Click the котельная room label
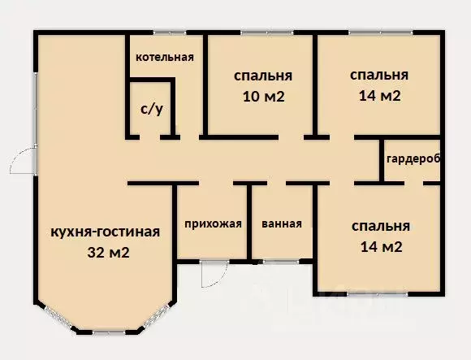[164, 57]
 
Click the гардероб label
[413, 158]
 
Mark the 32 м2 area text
[108, 252]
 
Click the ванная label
[282, 224]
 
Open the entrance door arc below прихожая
[211, 273]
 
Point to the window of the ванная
[282, 261]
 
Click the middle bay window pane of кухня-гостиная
[108, 332]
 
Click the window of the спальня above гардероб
[378, 32]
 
